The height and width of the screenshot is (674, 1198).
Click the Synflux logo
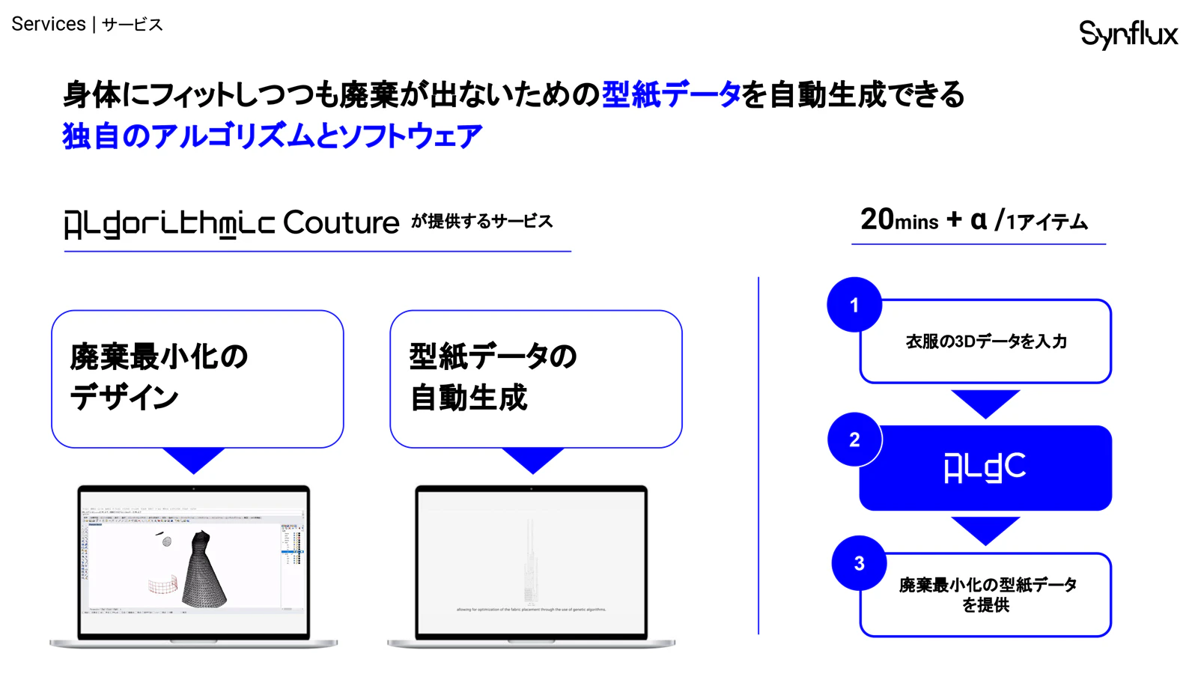coord(1128,34)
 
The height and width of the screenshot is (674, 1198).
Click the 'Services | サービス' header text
coord(87,25)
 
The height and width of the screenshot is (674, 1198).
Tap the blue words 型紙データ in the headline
coord(671,95)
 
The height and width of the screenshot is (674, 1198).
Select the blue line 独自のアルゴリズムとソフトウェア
coord(272,136)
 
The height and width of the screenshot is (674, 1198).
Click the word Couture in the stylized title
coord(341,222)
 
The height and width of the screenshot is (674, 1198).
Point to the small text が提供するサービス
coord(481,222)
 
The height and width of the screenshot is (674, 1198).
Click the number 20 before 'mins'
coord(877,219)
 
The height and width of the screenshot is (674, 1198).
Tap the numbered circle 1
coord(854,305)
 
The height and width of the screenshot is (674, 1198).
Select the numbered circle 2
coord(854,440)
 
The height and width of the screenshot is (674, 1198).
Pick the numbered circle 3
coord(859,563)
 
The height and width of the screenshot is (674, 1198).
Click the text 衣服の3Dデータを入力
coord(986,341)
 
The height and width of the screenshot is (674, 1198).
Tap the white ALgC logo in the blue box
coord(985,468)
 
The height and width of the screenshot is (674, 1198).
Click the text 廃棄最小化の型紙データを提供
coord(987,595)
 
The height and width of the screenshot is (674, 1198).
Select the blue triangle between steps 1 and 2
coord(985,402)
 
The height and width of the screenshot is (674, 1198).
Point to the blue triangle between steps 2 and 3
coord(985,529)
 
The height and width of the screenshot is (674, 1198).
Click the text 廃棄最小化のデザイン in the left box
coord(159,377)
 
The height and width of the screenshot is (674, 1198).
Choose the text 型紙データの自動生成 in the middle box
coord(493,377)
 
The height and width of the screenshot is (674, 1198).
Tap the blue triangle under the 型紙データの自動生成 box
coord(532,459)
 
